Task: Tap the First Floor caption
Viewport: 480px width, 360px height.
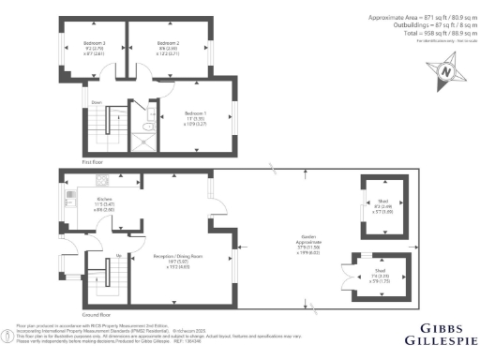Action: (93, 162)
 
